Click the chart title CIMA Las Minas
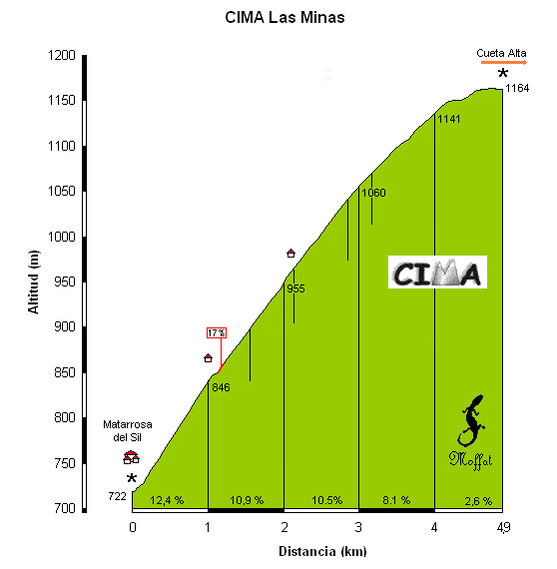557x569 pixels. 284,17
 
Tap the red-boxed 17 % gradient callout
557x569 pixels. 217,332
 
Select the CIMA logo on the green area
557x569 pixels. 437,273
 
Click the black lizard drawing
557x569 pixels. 470,421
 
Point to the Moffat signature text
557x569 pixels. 470,460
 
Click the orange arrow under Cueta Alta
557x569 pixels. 504,63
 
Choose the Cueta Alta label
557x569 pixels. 501,53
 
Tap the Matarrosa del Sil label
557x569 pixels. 128,430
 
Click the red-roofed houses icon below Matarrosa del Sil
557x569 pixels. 131,457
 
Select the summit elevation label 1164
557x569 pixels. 517,88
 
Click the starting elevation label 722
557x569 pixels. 117,496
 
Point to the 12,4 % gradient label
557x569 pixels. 167,500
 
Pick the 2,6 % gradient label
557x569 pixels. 478,501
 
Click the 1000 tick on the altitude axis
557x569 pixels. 62,237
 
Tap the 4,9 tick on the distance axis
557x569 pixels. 503,527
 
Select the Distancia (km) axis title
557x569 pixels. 322,552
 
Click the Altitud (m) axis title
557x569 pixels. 33,282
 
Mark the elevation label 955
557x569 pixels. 295,288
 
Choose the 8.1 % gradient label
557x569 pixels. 396,500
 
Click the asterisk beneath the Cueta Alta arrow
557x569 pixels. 502,73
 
